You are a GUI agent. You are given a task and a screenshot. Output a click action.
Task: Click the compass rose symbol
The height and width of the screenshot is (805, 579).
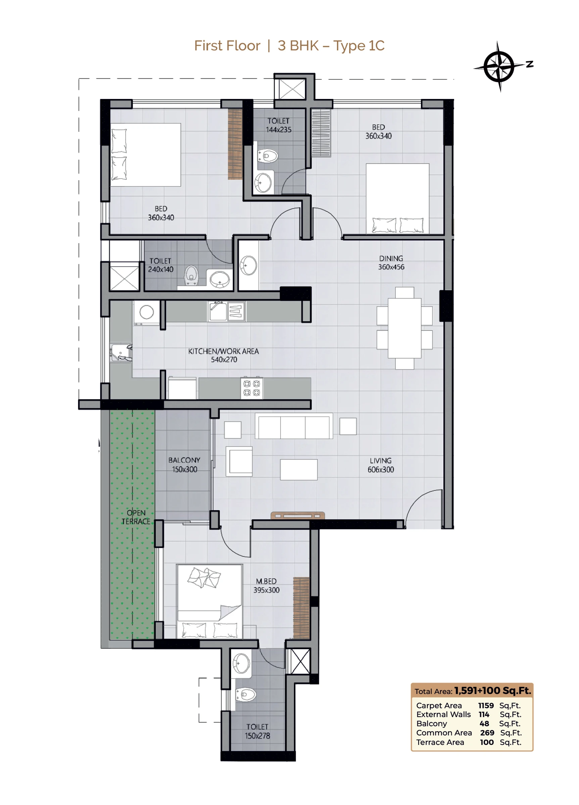click(499, 66)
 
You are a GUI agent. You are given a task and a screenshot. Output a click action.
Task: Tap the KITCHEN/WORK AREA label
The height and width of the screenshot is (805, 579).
click(224, 355)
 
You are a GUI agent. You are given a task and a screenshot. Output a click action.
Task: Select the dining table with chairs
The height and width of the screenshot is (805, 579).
click(404, 328)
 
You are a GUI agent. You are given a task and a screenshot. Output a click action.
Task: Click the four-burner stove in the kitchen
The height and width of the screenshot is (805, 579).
click(251, 388)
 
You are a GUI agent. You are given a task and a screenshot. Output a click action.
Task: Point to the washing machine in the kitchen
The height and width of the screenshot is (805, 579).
click(146, 312)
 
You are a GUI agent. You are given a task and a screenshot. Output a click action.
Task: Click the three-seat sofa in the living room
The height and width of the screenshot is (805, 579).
click(294, 426)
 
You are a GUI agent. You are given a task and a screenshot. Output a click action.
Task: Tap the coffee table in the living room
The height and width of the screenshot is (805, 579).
click(299, 470)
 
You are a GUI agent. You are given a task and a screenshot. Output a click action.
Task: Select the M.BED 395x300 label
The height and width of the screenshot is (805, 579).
click(266, 586)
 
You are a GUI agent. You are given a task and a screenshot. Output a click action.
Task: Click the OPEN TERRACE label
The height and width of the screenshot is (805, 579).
click(136, 517)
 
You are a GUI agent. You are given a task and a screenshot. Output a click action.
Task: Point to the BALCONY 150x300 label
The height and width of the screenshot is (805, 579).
click(184, 465)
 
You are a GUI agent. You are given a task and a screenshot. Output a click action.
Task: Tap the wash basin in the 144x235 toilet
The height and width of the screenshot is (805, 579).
click(263, 182)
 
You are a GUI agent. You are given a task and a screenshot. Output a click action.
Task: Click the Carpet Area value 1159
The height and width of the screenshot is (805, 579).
click(486, 705)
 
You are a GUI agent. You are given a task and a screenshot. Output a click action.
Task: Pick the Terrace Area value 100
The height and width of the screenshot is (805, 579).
click(487, 742)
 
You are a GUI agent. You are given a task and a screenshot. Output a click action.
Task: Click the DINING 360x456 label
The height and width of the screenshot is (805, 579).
click(391, 263)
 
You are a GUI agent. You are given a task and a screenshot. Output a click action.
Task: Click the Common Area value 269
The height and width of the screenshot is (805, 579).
click(487, 733)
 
